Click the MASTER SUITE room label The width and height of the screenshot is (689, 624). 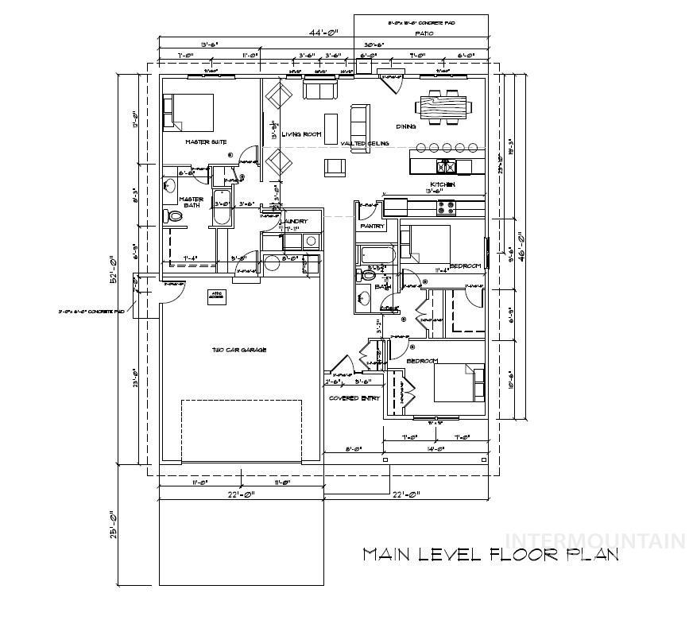pyautogui.click(x=207, y=142)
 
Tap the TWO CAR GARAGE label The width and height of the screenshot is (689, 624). pyautogui.click(x=238, y=350)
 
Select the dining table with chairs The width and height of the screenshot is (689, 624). pyautogui.click(x=443, y=107)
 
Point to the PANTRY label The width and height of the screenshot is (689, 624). pyautogui.click(x=373, y=227)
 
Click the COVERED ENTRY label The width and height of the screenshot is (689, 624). pyautogui.click(x=354, y=398)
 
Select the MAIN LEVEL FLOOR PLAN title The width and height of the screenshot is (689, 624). pyautogui.click(x=490, y=555)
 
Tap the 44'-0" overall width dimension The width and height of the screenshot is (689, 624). pyautogui.click(x=323, y=33)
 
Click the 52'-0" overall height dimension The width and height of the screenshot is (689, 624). pyautogui.click(x=114, y=270)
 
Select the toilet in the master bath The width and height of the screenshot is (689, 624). pyautogui.click(x=174, y=215)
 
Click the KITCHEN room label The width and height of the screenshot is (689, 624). pyautogui.click(x=442, y=184)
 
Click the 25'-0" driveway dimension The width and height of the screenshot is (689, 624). pyautogui.click(x=114, y=525)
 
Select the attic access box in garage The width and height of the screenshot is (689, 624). pyautogui.click(x=215, y=295)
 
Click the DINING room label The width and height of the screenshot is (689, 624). pyautogui.click(x=406, y=127)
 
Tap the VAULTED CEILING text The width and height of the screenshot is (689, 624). pyautogui.click(x=365, y=143)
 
